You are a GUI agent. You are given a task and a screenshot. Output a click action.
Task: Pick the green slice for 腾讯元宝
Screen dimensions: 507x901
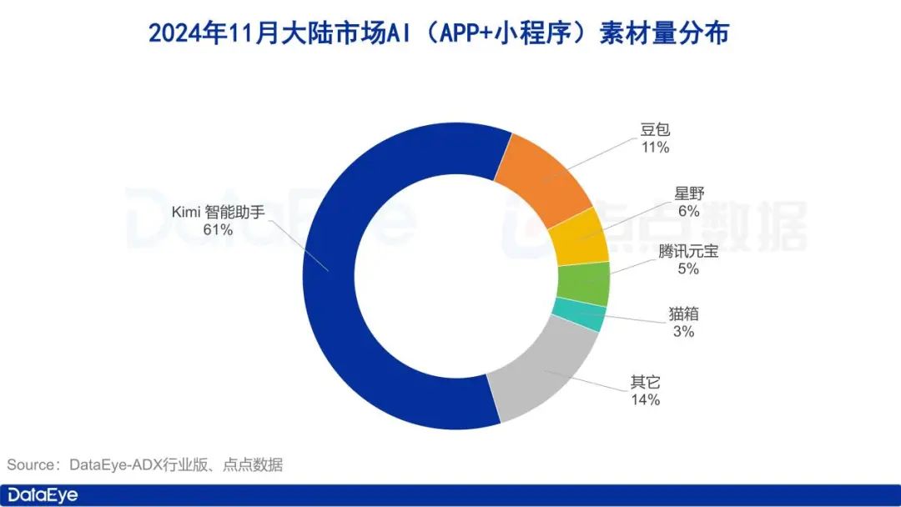(x=584, y=284)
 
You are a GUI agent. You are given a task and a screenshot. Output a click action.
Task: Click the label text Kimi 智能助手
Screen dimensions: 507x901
(x=218, y=212)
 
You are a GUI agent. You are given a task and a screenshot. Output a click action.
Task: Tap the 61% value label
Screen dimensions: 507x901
(x=218, y=228)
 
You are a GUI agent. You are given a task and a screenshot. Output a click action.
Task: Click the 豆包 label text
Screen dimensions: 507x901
(x=655, y=131)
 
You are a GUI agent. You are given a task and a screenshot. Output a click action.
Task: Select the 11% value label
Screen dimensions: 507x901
(x=655, y=148)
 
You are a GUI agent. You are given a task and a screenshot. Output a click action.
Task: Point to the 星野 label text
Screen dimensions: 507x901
(x=689, y=194)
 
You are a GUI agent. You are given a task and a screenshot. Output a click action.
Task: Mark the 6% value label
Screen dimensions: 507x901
(x=689, y=211)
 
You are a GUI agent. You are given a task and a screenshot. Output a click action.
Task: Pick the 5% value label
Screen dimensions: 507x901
(x=688, y=269)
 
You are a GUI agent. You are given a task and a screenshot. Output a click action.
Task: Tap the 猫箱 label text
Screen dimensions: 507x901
(x=684, y=314)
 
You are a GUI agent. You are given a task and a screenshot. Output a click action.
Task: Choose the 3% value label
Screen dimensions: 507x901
(x=684, y=331)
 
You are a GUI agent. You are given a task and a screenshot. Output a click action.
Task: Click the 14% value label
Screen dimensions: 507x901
(x=646, y=399)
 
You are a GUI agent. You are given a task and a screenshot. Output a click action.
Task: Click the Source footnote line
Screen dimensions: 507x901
(x=145, y=464)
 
